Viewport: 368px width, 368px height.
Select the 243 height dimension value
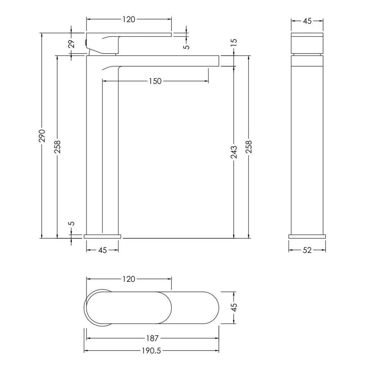coord(234,152)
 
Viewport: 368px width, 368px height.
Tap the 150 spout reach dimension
coord(155,81)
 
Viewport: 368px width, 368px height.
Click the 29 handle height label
coord(72,43)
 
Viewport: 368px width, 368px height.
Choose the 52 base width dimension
coord(307,250)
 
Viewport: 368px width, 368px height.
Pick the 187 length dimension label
coord(152,338)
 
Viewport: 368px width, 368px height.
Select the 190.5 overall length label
coord(151,351)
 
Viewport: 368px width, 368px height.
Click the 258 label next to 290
coord(57,147)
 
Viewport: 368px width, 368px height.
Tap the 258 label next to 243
coord(249,147)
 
